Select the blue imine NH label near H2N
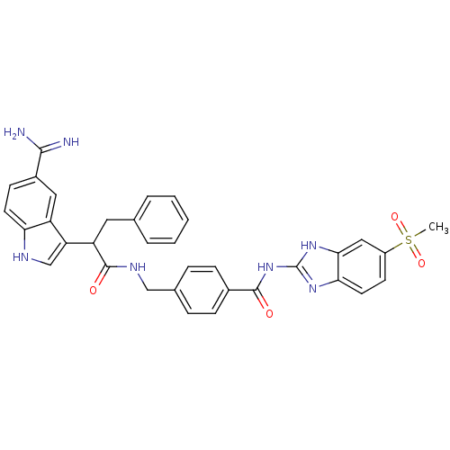[70, 142]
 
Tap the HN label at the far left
[21, 257]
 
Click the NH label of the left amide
[137, 267]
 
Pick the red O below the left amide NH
[93, 291]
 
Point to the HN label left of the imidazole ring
[265, 267]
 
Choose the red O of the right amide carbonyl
[268, 314]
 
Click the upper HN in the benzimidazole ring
[309, 245]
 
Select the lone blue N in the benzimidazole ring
[312, 289]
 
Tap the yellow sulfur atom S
[408, 240]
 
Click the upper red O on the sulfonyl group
[394, 217]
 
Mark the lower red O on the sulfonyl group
[421, 264]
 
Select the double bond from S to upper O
[401, 229]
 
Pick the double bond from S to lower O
[414, 252]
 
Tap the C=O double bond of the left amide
[99, 280]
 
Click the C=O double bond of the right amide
[263, 303]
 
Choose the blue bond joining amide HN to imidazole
[286, 267]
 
